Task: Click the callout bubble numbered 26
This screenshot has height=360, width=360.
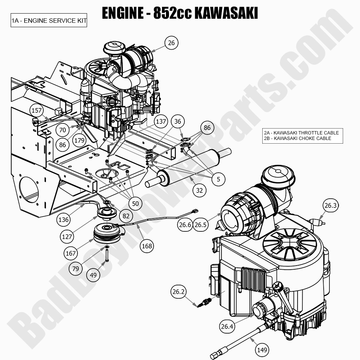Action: pyautogui.click(x=171, y=43)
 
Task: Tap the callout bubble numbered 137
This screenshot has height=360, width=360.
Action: pyautogui.click(x=161, y=122)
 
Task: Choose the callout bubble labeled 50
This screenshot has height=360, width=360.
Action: pyautogui.click(x=135, y=203)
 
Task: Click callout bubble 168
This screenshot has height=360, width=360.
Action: pyautogui.click(x=147, y=246)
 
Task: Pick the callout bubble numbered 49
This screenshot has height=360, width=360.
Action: pyautogui.click(x=94, y=274)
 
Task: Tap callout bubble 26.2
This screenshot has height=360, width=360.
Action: pyautogui.click(x=178, y=292)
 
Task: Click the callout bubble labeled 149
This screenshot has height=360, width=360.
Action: pyautogui.click(x=262, y=350)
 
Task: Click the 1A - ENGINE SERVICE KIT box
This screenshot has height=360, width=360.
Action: pyautogui.click(x=49, y=21)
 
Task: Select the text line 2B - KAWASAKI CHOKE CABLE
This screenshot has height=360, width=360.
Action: pyautogui.click(x=297, y=138)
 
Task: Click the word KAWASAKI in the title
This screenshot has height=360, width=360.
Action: pyautogui.click(x=226, y=13)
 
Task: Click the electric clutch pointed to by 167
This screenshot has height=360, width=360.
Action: pyautogui.click(x=109, y=233)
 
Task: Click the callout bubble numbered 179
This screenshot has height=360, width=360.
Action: pyautogui.click(x=79, y=140)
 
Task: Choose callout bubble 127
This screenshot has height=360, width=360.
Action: pyautogui.click(x=67, y=237)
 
